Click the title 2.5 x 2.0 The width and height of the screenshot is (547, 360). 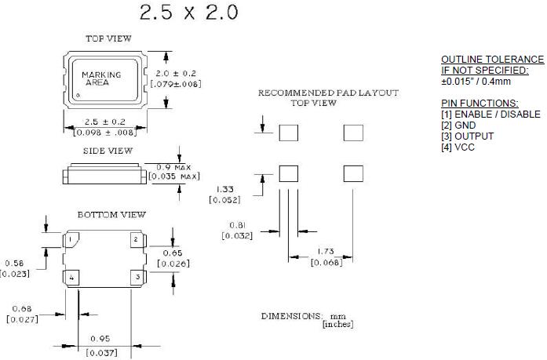click(188, 13)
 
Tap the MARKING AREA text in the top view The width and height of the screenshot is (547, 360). click(101, 78)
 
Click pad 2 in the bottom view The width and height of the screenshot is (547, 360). click(135, 239)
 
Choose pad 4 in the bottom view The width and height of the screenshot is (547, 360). click(71, 278)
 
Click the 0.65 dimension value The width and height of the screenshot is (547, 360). click(173, 253)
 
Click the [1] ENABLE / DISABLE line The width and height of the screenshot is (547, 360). click(490, 115)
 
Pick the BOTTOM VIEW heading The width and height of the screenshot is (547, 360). click(111, 214)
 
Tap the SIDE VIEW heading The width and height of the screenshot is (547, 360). click(108, 151)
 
